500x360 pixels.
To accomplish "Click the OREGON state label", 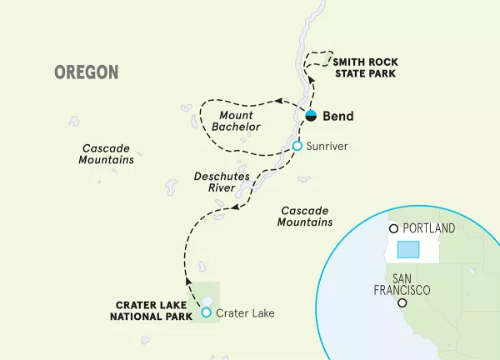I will pyautogui.click(x=87, y=72).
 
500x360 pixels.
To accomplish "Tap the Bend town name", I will pyautogui.click(x=338, y=116).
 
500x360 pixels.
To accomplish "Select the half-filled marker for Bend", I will pyautogui.click(x=311, y=115).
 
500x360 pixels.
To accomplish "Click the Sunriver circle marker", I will pyautogui.click(x=296, y=147).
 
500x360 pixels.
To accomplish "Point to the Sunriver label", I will pyautogui.click(x=326, y=147).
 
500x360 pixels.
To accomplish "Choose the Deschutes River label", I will pyautogui.click(x=217, y=182).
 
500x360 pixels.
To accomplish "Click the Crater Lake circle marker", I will pyautogui.click(x=207, y=313).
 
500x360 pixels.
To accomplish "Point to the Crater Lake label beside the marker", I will pyautogui.click(x=244, y=313).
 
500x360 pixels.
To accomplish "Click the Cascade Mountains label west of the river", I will pyautogui.click(x=107, y=153).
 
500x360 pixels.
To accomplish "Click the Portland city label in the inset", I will pyautogui.click(x=428, y=228).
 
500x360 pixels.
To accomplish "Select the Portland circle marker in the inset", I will pyautogui.click(x=395, y=228).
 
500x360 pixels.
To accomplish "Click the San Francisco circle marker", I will pyautogui.click(x=402, y=303).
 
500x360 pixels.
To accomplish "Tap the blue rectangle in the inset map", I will pyautogui.click(x=407, y=250).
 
